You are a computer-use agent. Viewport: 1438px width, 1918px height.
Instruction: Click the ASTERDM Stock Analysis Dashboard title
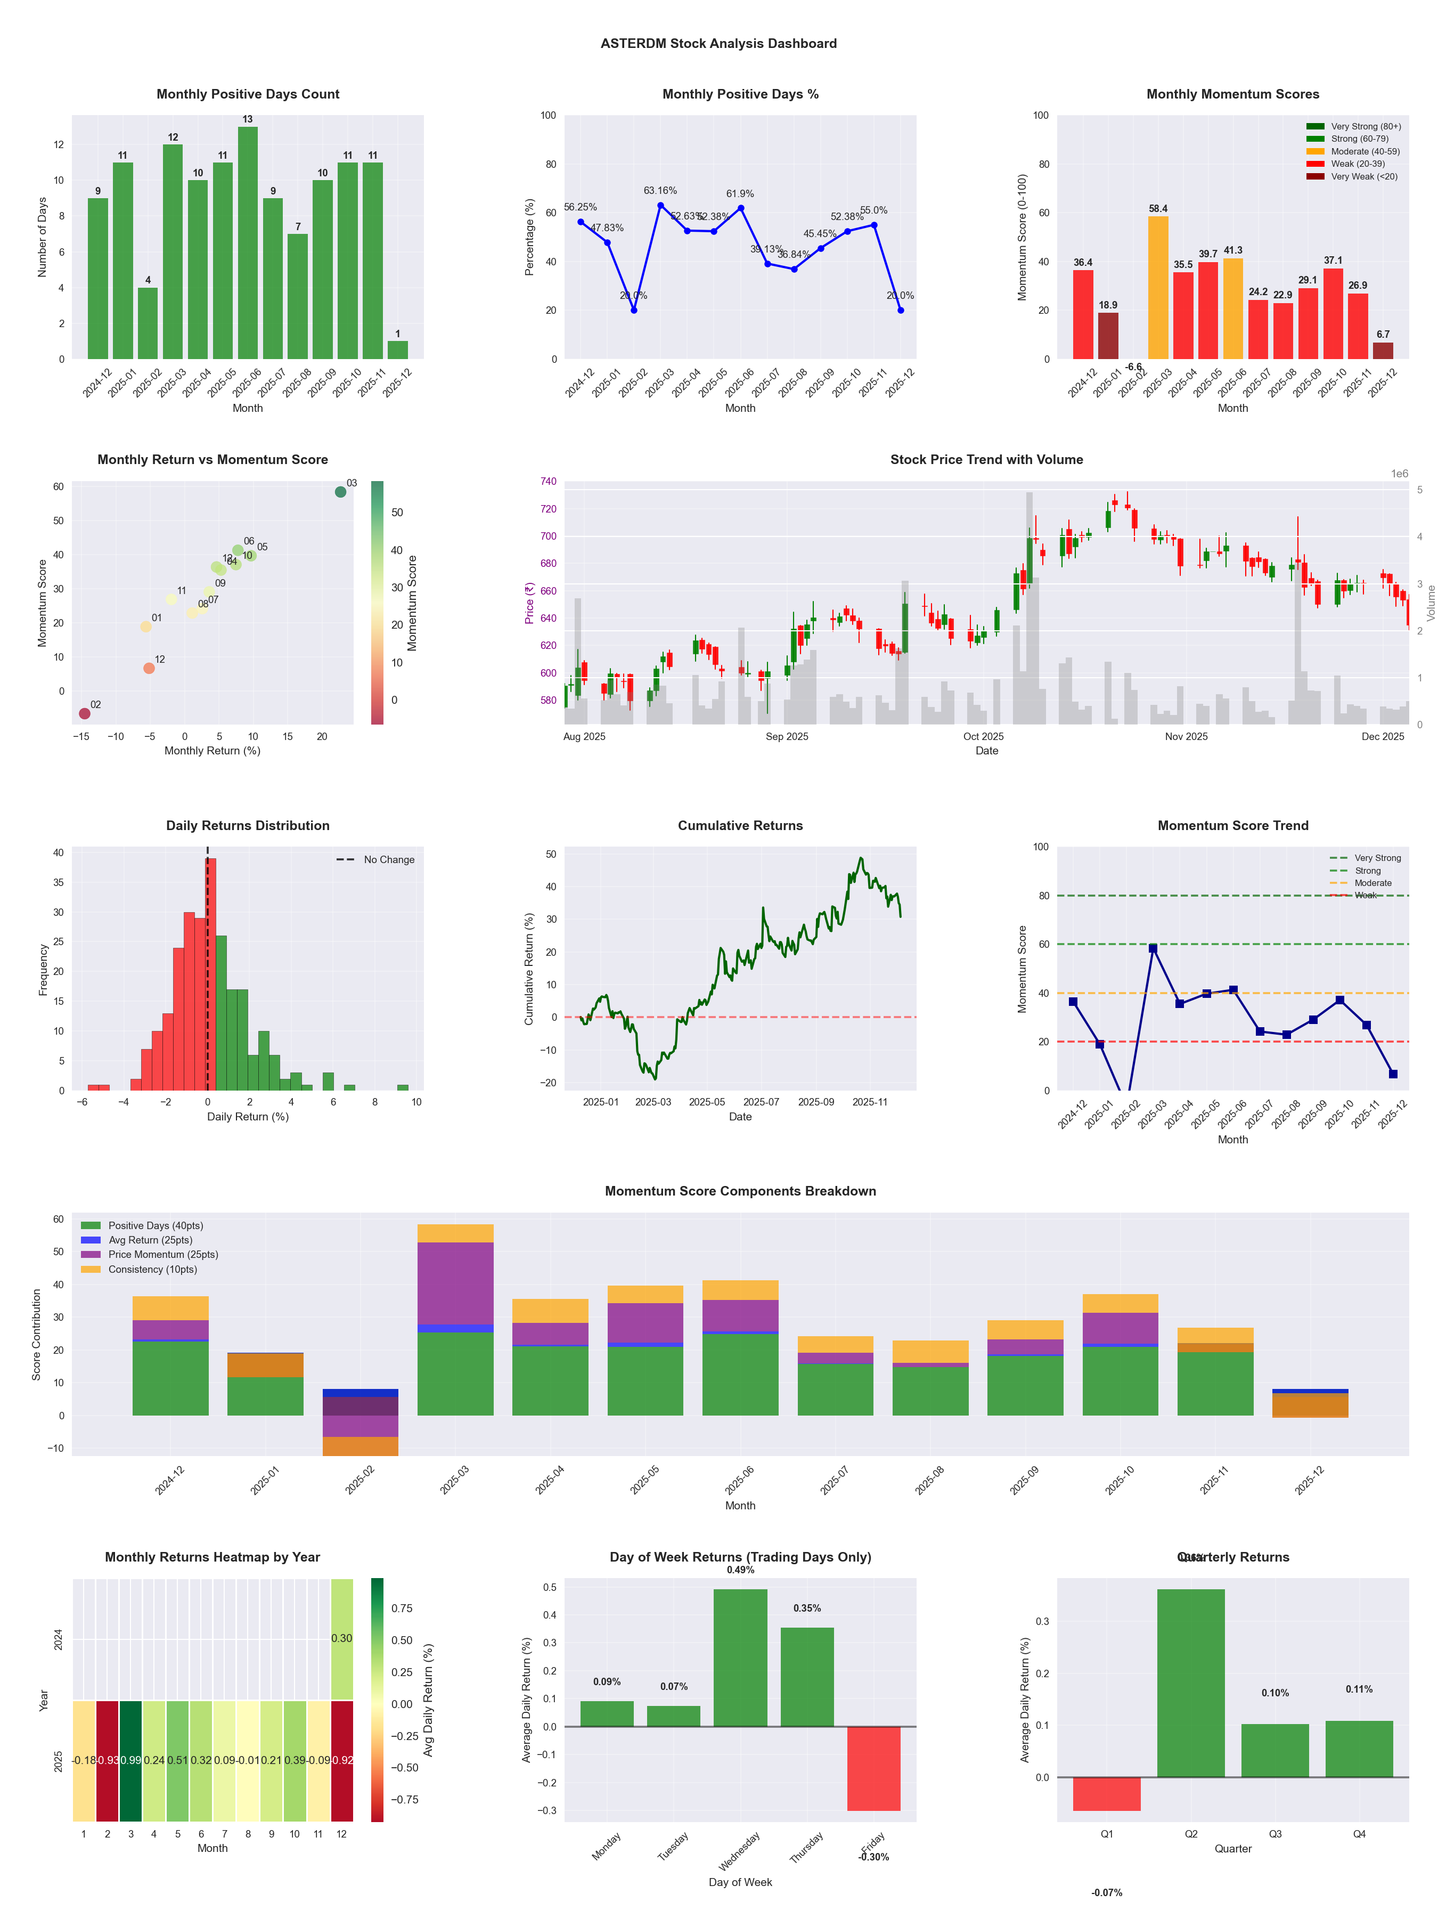(x=718, y=43)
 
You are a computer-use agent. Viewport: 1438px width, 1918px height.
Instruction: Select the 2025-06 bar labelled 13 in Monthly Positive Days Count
(x=248, y=243)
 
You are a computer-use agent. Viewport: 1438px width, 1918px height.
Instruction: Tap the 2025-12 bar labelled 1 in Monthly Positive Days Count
(x=398, y=350)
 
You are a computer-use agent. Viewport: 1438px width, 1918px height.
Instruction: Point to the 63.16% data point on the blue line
(x=660, y=206)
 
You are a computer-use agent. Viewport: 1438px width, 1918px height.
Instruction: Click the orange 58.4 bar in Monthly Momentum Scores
(x=1158, y=287)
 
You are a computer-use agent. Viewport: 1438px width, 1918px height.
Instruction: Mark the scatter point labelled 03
(x=341, y=492)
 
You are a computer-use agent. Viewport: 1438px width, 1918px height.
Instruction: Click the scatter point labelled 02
(x=84, y=713)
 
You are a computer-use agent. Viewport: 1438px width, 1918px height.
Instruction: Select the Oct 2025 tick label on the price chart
(x=983, y=737)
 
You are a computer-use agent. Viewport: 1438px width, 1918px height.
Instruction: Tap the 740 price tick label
(x=548, y=481)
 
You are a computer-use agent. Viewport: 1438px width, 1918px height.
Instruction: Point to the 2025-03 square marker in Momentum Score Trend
(x=1153, y=948)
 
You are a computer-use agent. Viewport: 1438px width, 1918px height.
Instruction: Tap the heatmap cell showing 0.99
(x=131, y=1760)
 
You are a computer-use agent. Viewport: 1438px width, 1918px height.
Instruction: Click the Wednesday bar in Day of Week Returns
(x=740, y=1658)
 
